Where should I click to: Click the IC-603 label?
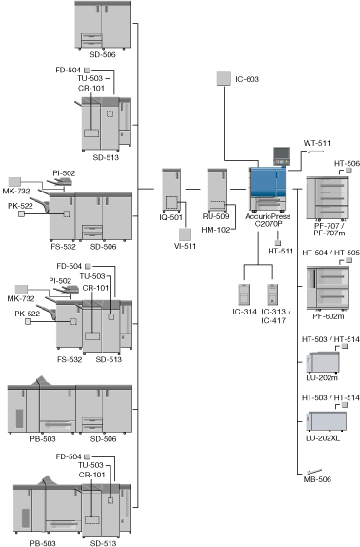247,79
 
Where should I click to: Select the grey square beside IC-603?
224,78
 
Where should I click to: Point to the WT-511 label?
317,143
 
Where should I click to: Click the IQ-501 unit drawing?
171,191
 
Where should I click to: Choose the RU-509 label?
215,216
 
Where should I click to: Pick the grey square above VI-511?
185,234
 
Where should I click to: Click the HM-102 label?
215,230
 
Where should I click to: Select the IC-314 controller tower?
244,294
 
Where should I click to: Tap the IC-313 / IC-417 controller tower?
272,294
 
